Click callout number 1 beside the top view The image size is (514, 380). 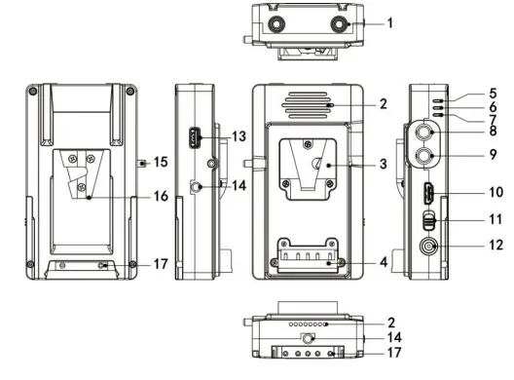point(389,23)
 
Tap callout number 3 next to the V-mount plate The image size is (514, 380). point(384,164)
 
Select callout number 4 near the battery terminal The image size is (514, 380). point(384,262)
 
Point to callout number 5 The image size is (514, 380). point(493,94)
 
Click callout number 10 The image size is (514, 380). point(496,192)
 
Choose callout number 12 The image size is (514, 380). point(496,245)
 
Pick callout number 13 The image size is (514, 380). point(239,136)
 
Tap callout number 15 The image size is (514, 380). point(161,162)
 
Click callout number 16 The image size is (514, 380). point(161,196)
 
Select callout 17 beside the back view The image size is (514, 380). point(161,264)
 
